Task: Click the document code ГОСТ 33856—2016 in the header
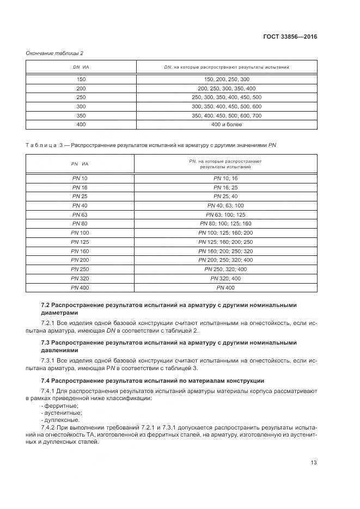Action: point(290,37)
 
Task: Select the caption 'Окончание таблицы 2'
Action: point(54,53)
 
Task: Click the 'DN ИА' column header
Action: point(81,67)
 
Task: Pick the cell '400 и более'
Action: point(227,125)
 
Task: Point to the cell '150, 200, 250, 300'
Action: point(227,79)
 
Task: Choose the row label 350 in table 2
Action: point(81,115)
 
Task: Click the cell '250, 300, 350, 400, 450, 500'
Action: point(227,97)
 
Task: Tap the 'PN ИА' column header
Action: point(80,163)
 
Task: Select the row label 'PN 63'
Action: point(80,214)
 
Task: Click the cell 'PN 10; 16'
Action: point(226,178)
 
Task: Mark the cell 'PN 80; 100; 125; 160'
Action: point(226,223)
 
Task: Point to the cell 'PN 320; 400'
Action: point(226,278)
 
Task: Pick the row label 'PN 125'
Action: point(80,242)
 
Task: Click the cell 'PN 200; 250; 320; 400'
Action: point(226,260)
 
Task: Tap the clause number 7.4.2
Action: point(50,427)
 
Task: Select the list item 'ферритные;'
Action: point(60,406)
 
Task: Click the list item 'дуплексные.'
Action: point(60,420)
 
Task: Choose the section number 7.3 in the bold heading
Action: point(46,342)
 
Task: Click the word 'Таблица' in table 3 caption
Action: point(41,145)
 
